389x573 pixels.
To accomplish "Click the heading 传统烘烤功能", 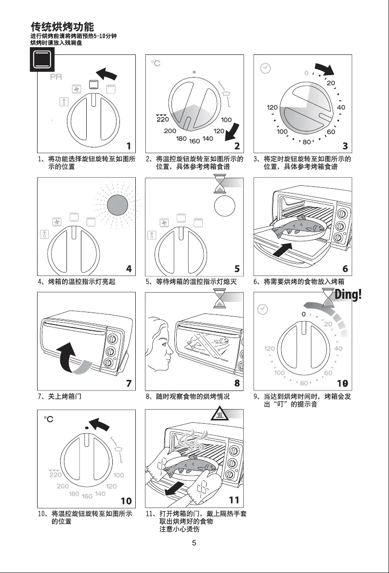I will (x=62, y=26).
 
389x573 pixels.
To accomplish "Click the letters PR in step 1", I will (x=56, y=78).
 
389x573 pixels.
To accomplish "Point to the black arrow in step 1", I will (x=106, y=74).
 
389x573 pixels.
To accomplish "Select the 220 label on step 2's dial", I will (x=162, y=118).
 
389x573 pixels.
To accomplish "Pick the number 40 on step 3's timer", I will (x=341, y=107).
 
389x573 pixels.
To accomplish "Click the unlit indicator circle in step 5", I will (x=225, y=206).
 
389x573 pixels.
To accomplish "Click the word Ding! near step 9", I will (x=348, y=295).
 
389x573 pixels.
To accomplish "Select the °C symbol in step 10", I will (x=49, y=419).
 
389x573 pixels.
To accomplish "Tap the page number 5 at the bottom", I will (x=194, y=543).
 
